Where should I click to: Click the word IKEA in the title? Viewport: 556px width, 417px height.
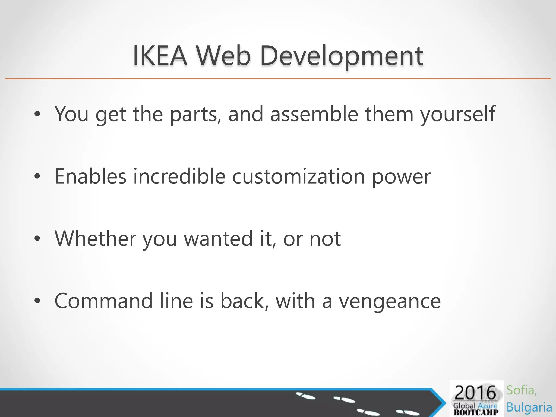(x=160, y=56)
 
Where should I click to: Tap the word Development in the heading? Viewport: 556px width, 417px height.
(x=342, y=56)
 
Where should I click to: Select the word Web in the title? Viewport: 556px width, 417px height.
(x=223, y=56)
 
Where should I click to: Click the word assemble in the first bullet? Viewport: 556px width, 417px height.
(x=314, y=114)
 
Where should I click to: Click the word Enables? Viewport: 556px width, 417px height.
(x=90, y=176)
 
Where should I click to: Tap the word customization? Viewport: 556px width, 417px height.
(x=298, y=177)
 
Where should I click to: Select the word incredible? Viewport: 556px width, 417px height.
(x=179, y=176)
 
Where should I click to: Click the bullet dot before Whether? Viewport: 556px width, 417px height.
(x=37, y=239)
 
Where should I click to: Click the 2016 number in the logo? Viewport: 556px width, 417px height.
(x=475, y=393)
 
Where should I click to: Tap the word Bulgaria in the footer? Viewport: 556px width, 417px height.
(x=529, y=407)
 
